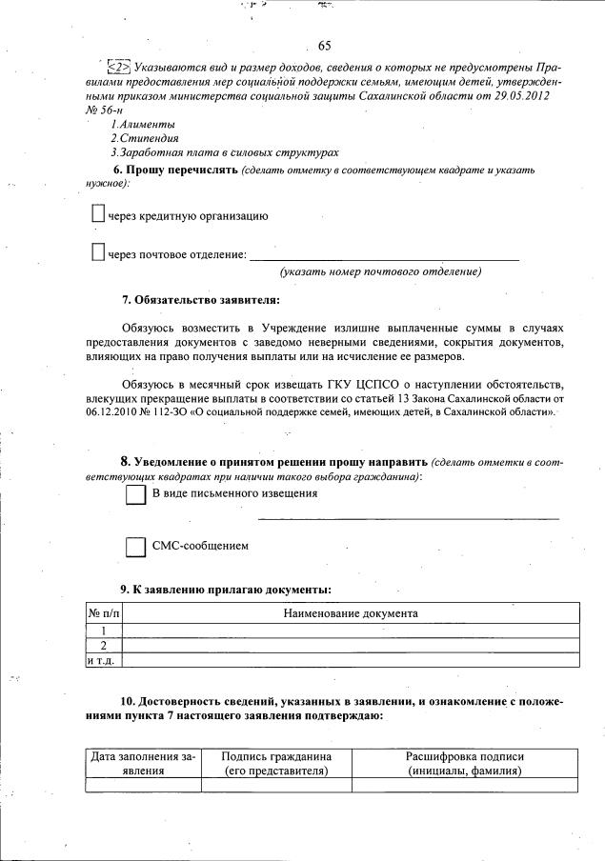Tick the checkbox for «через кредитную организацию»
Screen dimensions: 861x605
pyautogui.click(x=97, y=215)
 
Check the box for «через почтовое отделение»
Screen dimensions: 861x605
pyautogui.click(x=97, y=253)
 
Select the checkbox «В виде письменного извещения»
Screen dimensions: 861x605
pyautogui.click(x=135, y=495)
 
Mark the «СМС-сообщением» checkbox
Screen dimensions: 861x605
pyautogui.click(x=135, y=547)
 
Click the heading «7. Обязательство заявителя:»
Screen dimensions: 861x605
pyautogui.click(x=201, y=301)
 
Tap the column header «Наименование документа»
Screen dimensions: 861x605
pyautogui.click(x=351, y=613)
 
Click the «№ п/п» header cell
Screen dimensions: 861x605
pyautogui.click(x=104, y=613)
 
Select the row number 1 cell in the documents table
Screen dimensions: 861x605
pyautogui.click(x=104, y=631)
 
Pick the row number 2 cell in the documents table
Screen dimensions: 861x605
pyautogui.click(x=104, y=645)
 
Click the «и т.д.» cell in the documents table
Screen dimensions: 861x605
pyautogui.click(x=104, y=660)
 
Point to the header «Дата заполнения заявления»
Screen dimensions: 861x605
pyautogui.click(x=143, y=764)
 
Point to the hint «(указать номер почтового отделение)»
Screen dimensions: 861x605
pyautogui.click(x=380, y=272)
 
